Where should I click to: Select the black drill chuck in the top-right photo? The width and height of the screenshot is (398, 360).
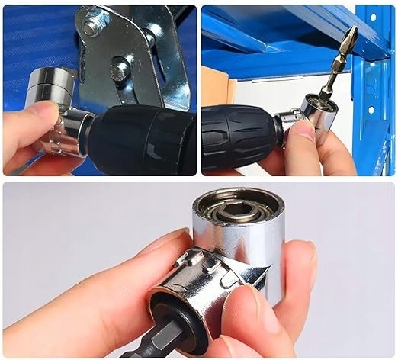coord(239,137)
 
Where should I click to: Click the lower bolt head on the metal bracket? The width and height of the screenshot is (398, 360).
coord(120,69)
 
